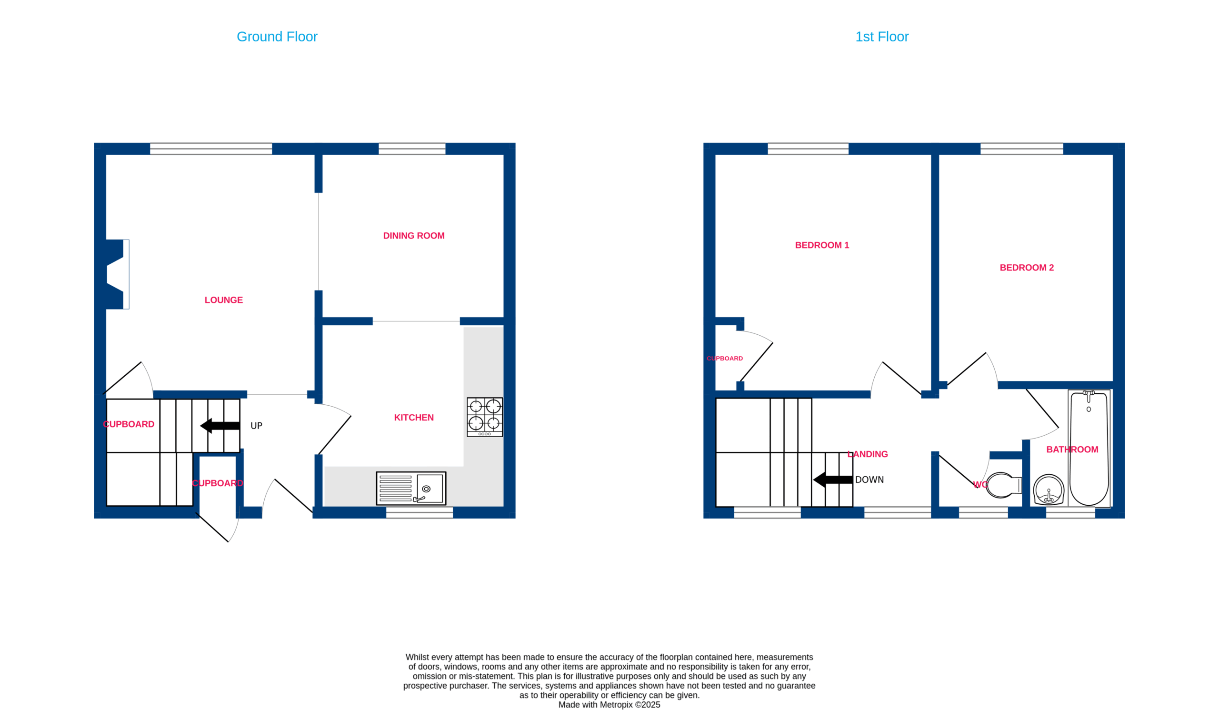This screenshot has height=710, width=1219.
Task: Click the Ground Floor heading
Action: (277, 37)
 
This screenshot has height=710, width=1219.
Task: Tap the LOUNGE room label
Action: (223, 300)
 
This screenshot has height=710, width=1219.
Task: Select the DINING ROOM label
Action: (414, 236)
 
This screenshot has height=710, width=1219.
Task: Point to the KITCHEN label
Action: (414, 418)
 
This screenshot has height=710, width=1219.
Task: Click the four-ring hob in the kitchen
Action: (485, 417)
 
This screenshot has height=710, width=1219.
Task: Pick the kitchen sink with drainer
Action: (411, 489)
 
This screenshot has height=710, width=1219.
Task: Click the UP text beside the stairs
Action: (256, 426)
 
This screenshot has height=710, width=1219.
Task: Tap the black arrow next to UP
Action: (220, 426)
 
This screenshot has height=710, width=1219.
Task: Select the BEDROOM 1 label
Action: (822, 245)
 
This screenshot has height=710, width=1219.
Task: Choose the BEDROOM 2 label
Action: (1027, 268)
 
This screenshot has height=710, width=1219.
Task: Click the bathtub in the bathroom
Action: (1089, 449)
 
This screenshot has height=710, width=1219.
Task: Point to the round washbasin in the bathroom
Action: (1048, 490)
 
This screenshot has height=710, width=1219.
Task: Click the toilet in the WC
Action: (1003, 485)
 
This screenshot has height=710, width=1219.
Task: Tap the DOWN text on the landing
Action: (869, 480)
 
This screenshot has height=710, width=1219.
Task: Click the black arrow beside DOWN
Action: (833, 480)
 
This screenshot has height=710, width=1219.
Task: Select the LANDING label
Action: (867, 454)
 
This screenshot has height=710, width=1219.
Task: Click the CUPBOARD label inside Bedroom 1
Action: (725, 359)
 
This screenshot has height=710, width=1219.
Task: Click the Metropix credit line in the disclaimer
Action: (609, 705)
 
